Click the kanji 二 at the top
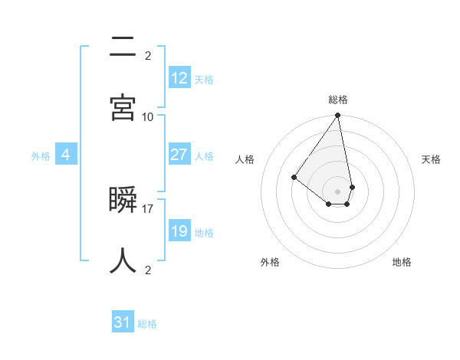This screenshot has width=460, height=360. tap(123, 47)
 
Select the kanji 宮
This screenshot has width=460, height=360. tap(123, 108)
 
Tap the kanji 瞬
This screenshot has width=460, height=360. tap(123, 201)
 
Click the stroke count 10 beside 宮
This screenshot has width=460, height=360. tap(148, 116)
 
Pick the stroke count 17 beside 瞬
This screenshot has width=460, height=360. tap(148, 208)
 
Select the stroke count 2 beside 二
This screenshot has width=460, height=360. tap(148, 55)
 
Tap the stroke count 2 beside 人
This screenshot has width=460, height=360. tap(148, 270)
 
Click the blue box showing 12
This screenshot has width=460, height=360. tap(179, 77)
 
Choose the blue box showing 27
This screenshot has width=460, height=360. tap(179, 155)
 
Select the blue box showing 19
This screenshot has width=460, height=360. tap(179, 231)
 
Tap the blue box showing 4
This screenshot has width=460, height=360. tap(66, 155)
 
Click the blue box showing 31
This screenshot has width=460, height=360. tap(123, 322)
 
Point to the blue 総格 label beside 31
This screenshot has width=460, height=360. tap(147, 324)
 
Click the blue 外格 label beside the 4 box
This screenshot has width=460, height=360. tap(41, 156)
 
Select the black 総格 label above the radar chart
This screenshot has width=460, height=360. tap(337, 100)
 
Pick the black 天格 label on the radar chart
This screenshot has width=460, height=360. tap(431, 159)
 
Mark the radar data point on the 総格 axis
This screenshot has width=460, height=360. tap(337, 116)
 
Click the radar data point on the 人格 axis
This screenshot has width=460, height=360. tap(294, 177)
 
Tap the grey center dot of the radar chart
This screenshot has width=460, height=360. tap(337, 191)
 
